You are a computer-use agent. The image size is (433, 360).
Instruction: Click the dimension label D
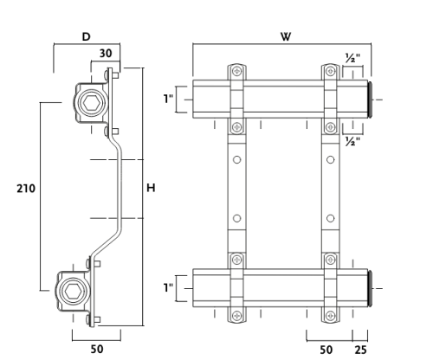(87, 36)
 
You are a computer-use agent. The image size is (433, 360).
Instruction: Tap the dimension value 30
(106, 54)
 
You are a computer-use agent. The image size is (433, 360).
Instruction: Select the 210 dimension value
(26, 189)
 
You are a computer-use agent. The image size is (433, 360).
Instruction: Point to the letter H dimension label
(151, 188)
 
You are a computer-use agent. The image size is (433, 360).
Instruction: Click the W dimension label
(286, 36)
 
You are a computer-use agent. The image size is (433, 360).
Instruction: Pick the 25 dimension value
(360, 350)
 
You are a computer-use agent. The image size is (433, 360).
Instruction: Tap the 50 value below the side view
(97, 349)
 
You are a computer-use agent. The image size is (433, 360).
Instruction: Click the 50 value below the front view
(326, 350)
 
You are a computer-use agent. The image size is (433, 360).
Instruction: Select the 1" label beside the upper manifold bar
(168, 99)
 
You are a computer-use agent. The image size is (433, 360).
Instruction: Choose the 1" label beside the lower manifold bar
(168, 287)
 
